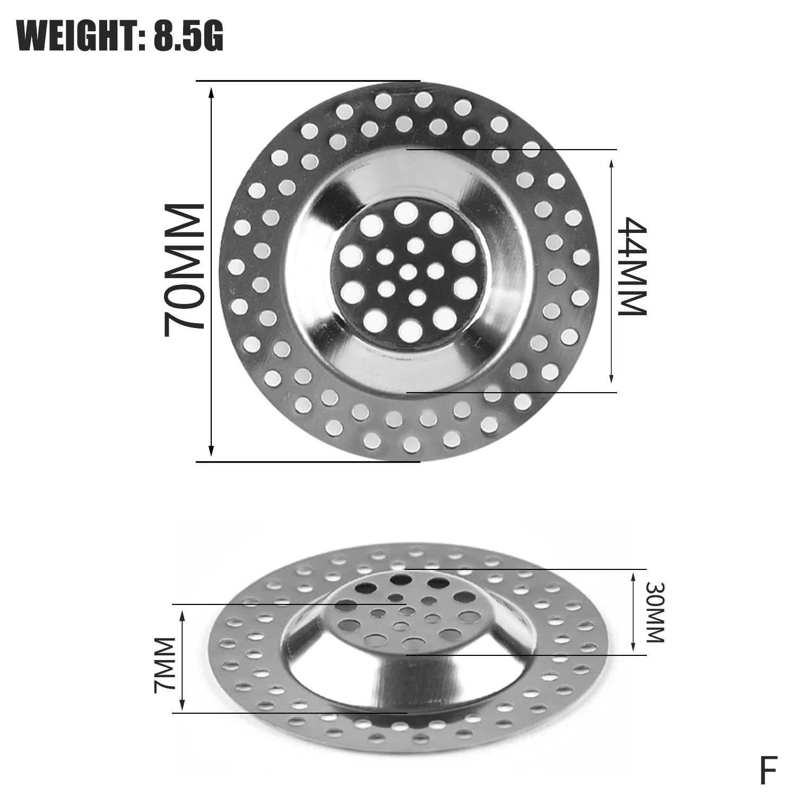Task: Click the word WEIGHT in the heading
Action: click(x=74, y=36)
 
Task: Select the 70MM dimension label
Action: click(x=184, y=271)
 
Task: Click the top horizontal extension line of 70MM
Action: click(x=308, y=81)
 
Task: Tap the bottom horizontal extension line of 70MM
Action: click(x=308, y=462)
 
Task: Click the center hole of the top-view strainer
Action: click(x=408, y=272)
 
